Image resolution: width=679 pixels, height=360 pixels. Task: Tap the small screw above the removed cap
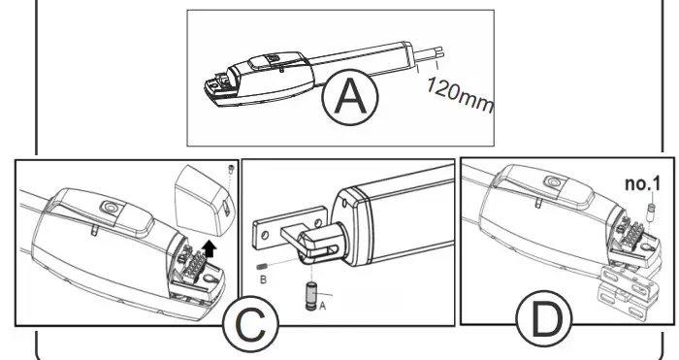pyautogui.click(x=227, y=170)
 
